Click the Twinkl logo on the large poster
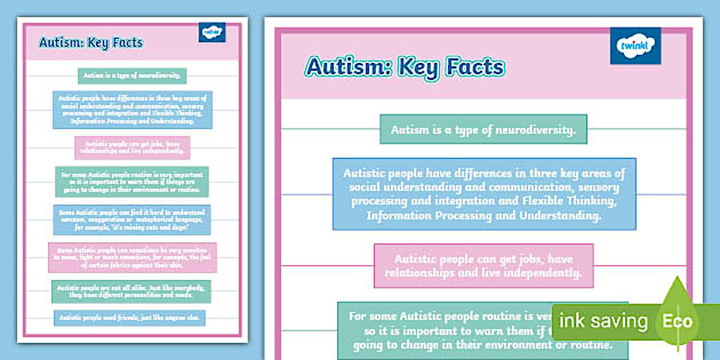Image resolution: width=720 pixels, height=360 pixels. click(x=635, y=46)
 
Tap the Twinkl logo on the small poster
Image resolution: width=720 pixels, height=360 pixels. click(x=212, y=33)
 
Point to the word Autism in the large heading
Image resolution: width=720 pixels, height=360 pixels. click(x=349, y=67)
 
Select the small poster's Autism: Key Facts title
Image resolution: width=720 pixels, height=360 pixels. click(x=91, y=43)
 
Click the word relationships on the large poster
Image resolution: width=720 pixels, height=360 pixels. click(x=422, y=273)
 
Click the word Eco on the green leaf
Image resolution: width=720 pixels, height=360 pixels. click(x=677, y=321)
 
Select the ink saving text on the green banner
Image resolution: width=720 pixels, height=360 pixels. click(x=603, y=321)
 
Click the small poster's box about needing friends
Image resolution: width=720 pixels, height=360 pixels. click(x=130, y=318)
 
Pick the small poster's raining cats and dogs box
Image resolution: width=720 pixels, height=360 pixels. click(x=132, y=220)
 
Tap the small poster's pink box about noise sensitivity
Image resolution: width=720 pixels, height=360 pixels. click(x=133, y=258)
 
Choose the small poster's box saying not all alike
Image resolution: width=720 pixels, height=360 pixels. click(x=131, y=291)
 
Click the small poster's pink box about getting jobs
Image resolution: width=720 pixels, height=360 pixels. click(x=132, y=147)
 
